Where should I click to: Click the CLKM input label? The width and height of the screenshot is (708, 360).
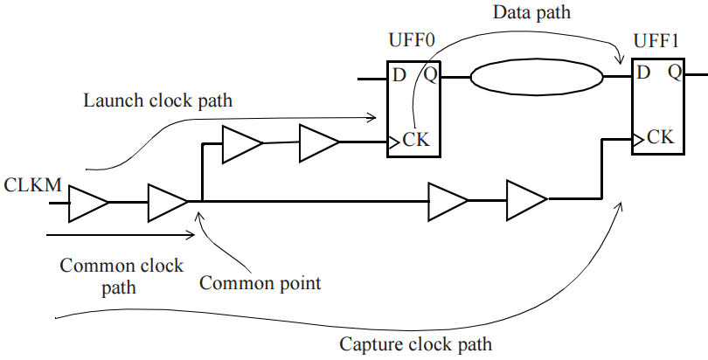point(31,184)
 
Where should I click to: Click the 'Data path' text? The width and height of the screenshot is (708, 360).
point(531,14)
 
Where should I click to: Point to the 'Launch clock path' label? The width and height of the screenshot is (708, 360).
point(157,100)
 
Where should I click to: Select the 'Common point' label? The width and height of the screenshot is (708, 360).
point(260,283)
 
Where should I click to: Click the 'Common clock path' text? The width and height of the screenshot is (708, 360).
point(121,275)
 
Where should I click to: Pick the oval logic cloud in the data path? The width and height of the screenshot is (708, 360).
point(538,77)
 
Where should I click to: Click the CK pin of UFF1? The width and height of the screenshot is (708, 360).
point(660,137)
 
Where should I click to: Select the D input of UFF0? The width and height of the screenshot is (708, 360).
point(399,75)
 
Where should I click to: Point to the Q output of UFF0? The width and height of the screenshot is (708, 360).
point(431,75)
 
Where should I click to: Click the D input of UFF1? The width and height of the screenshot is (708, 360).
point(643,73)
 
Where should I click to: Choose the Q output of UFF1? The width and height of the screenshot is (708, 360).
point(676,73)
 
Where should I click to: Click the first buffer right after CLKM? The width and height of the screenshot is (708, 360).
point(89,203)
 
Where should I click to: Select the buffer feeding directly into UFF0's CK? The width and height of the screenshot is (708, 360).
point(319,142)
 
